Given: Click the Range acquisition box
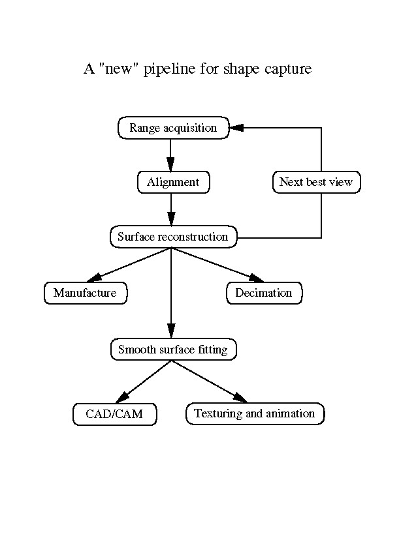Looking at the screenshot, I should click(173, 128).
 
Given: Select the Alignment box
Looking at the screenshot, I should click(173, 182).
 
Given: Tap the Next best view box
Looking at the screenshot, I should click(316, 182).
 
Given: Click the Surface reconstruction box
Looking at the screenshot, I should click(173, 237).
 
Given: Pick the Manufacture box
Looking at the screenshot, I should click(85, 293).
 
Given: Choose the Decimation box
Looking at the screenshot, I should click(264, 293).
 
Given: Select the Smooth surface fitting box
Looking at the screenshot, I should click(173, 350).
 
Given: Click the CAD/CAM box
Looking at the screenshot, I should click(114, 414).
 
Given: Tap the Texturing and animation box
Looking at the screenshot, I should click(255, 413).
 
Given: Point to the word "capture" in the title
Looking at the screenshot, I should click(288, 68).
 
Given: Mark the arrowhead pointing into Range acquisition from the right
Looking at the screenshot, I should click(236, 128).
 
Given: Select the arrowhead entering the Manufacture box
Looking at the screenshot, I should click(94, 278).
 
